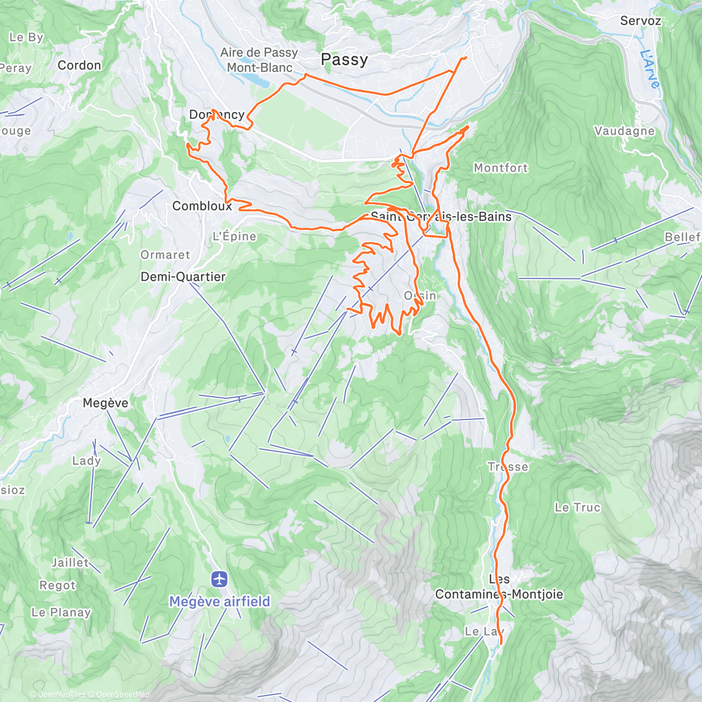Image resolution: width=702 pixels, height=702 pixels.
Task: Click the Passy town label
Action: click(x=345, y=60)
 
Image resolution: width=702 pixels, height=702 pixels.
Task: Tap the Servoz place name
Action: click(x=641, y=21)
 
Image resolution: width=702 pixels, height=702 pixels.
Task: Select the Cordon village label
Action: click(x=79, y=65)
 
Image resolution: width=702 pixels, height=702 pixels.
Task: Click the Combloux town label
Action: click(x=202, y=206)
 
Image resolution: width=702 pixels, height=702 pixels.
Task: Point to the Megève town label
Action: click(x=105, y=403)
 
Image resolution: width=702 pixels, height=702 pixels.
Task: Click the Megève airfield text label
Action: click(x=220, y=601)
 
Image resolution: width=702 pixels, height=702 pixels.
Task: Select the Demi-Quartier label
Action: click(x=183, y=277)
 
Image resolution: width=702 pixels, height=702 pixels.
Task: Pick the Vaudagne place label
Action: click(x=624, y=131)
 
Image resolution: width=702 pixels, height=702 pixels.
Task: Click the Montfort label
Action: click(x=501, y=168)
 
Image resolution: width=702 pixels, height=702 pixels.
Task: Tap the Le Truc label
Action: click(x=577, y=507)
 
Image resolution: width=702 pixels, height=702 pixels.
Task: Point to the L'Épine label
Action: click(x=234, y=236)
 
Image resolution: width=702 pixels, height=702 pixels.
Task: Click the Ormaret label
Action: click(x=165, y=255)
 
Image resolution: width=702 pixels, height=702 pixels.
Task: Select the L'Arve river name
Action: click(x=649, y=69)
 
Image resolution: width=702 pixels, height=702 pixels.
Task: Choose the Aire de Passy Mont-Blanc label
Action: click(x=259, y=60)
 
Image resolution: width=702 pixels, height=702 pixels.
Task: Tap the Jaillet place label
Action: click(x=70, y=563)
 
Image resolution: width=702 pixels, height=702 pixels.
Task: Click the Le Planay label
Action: click(x=61, y=612)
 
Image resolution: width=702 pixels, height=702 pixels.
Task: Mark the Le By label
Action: click(x=26, y=37)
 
